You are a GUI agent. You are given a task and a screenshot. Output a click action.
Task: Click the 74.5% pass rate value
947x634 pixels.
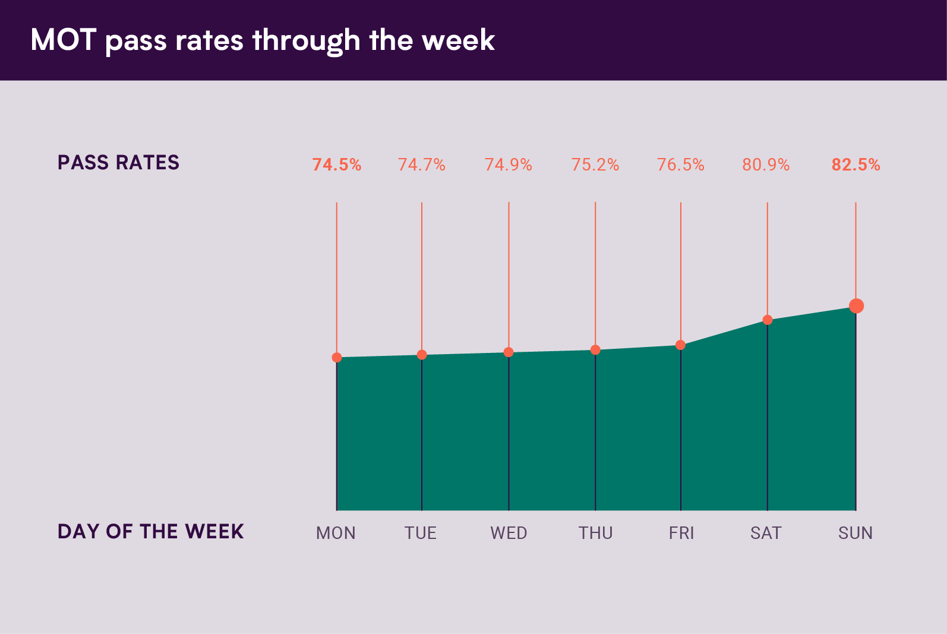(337, 165)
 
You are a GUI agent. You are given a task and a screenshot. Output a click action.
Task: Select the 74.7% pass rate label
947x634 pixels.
(422, 165)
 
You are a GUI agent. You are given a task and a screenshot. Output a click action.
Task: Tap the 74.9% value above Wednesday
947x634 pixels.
(509, 165)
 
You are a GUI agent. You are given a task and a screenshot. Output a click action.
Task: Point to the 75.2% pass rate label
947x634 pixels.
(595, 165)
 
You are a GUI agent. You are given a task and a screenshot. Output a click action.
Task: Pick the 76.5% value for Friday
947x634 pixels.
(681, 165)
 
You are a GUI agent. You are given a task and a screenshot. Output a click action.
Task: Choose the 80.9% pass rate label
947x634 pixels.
(766, 165)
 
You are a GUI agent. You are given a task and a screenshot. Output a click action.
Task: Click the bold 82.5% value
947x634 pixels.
(856, 165)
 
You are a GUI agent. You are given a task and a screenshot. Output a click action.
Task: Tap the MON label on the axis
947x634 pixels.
(336, 533)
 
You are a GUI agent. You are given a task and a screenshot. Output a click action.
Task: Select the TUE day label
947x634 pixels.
(421, 533)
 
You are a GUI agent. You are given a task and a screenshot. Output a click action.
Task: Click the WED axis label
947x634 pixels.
(509, 533)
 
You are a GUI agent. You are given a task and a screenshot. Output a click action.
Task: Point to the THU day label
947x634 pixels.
(596, 533)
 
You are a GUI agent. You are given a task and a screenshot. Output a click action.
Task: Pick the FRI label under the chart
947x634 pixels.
(681, 533)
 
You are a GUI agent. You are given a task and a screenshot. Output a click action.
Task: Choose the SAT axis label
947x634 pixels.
(766, 533)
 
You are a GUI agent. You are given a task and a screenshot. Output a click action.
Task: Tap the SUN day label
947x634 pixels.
(856, 533)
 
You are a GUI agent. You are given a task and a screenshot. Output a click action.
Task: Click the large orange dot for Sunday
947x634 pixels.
(856, 306)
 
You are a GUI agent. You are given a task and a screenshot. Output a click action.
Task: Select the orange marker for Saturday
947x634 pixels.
(768, 320)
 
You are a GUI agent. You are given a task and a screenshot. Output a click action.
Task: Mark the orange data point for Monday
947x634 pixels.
(337, 357)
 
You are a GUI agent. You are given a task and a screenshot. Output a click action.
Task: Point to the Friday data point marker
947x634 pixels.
(681, 345)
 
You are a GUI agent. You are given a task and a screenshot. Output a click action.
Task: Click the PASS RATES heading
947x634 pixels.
(118, 163)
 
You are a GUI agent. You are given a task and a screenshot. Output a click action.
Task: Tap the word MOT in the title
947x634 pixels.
(63, 40)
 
